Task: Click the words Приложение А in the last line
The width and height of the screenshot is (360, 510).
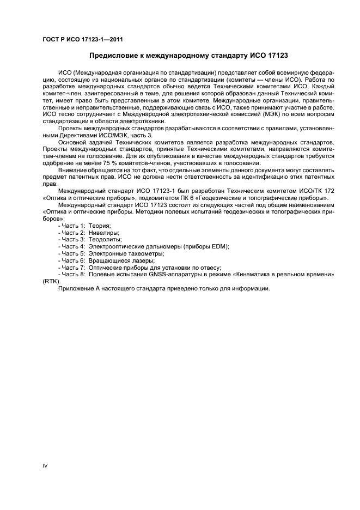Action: (79, 288)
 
